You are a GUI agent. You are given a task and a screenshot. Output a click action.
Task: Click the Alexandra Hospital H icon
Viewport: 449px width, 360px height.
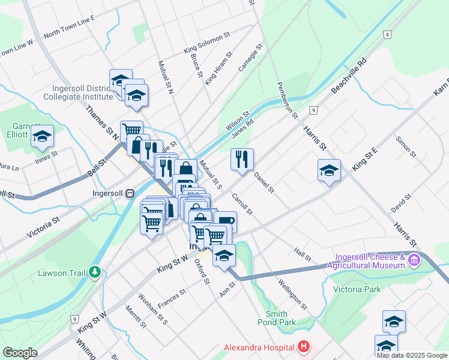tap(304, 347)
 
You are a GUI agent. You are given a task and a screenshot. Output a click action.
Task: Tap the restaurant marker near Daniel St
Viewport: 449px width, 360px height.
tap(242, 159)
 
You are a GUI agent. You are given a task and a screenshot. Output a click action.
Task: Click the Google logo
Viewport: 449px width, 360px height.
tap(20, 353)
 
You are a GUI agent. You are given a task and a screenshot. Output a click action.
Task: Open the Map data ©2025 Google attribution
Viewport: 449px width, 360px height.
tap(411, 355)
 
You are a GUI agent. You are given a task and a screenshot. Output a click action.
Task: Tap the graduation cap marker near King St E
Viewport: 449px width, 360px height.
tap(329, 170)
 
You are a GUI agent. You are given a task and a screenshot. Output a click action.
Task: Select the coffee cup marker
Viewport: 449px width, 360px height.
tap(225, 222)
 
